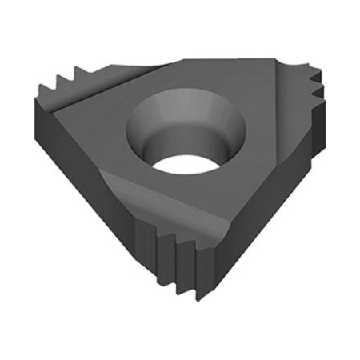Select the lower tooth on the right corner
click(x=320, y=100)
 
